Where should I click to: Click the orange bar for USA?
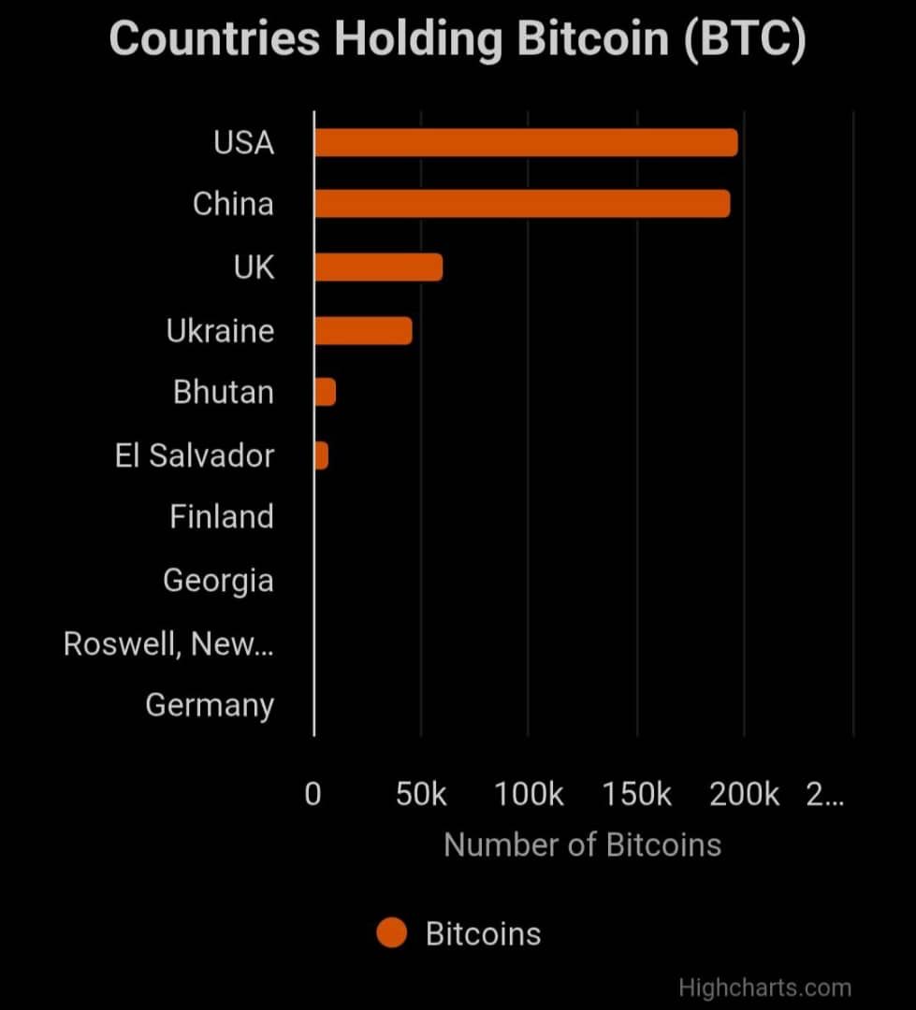pyautogui.click(x=526, y=143)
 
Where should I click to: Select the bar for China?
pyautogui.click(x=522, y=204)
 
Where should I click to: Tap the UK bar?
pyautogui.click(x=378, y=267)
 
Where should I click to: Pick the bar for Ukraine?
pyautogui.click(x=363, y=330)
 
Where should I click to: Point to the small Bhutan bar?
pyautogui.click(x=325, y=392)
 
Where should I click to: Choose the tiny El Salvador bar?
pyautogui.click(x=321, y=455)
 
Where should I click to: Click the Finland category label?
pyautogui.click(x=222, y=516)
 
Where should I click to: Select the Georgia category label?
pyautogui.click(x=218, y=581)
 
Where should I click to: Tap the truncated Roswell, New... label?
pyautogui.click(x=168, y=643)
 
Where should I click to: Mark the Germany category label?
pyautogui.click(x=210, y=704)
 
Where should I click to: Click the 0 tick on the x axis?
pyautogui.click(x=313, y=794)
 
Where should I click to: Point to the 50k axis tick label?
pyautogui.click(x=421, y=794)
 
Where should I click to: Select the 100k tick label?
pyautogui.click(x=529, y=794)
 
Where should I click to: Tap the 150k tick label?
pyautogui.click(x=637, y=794)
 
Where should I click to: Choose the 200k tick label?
pyautogui.click(x=745, y=794)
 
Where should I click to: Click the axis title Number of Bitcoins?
pyautogui.click(x=582, y=844)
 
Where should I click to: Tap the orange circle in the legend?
pyautogui.click(x=392, y=933)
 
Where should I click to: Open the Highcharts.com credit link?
pyautogui.click(x=764, y=988)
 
